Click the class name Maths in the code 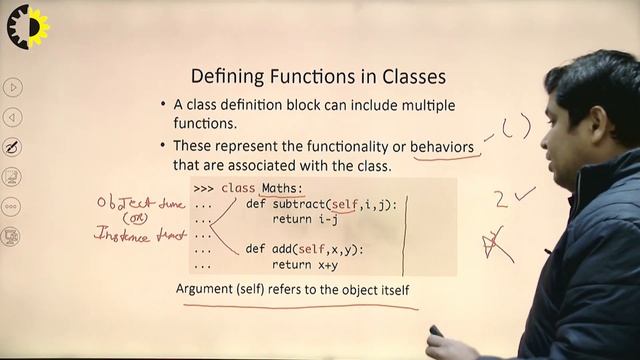[x=281, y=188]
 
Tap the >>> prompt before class [x=203, y=188]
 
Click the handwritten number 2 [x=501, y=198]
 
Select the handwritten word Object [x=119, y=202]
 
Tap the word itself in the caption [x=390, y=290]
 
